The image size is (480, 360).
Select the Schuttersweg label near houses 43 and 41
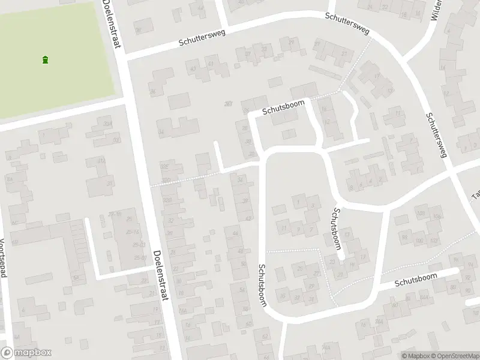pos(202,38)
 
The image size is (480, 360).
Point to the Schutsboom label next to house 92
pos(424,278)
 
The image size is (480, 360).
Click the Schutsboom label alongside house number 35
pos(263,286)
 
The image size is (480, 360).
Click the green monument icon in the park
pos(46,59)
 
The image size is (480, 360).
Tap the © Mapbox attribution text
pos(414,356)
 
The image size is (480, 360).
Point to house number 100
pos(419,241)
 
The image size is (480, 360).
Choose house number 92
pos(468,278)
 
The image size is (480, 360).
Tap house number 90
pos(467,291)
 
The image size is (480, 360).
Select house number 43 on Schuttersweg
pos(193,69)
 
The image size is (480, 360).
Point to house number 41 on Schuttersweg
pos(210,63)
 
